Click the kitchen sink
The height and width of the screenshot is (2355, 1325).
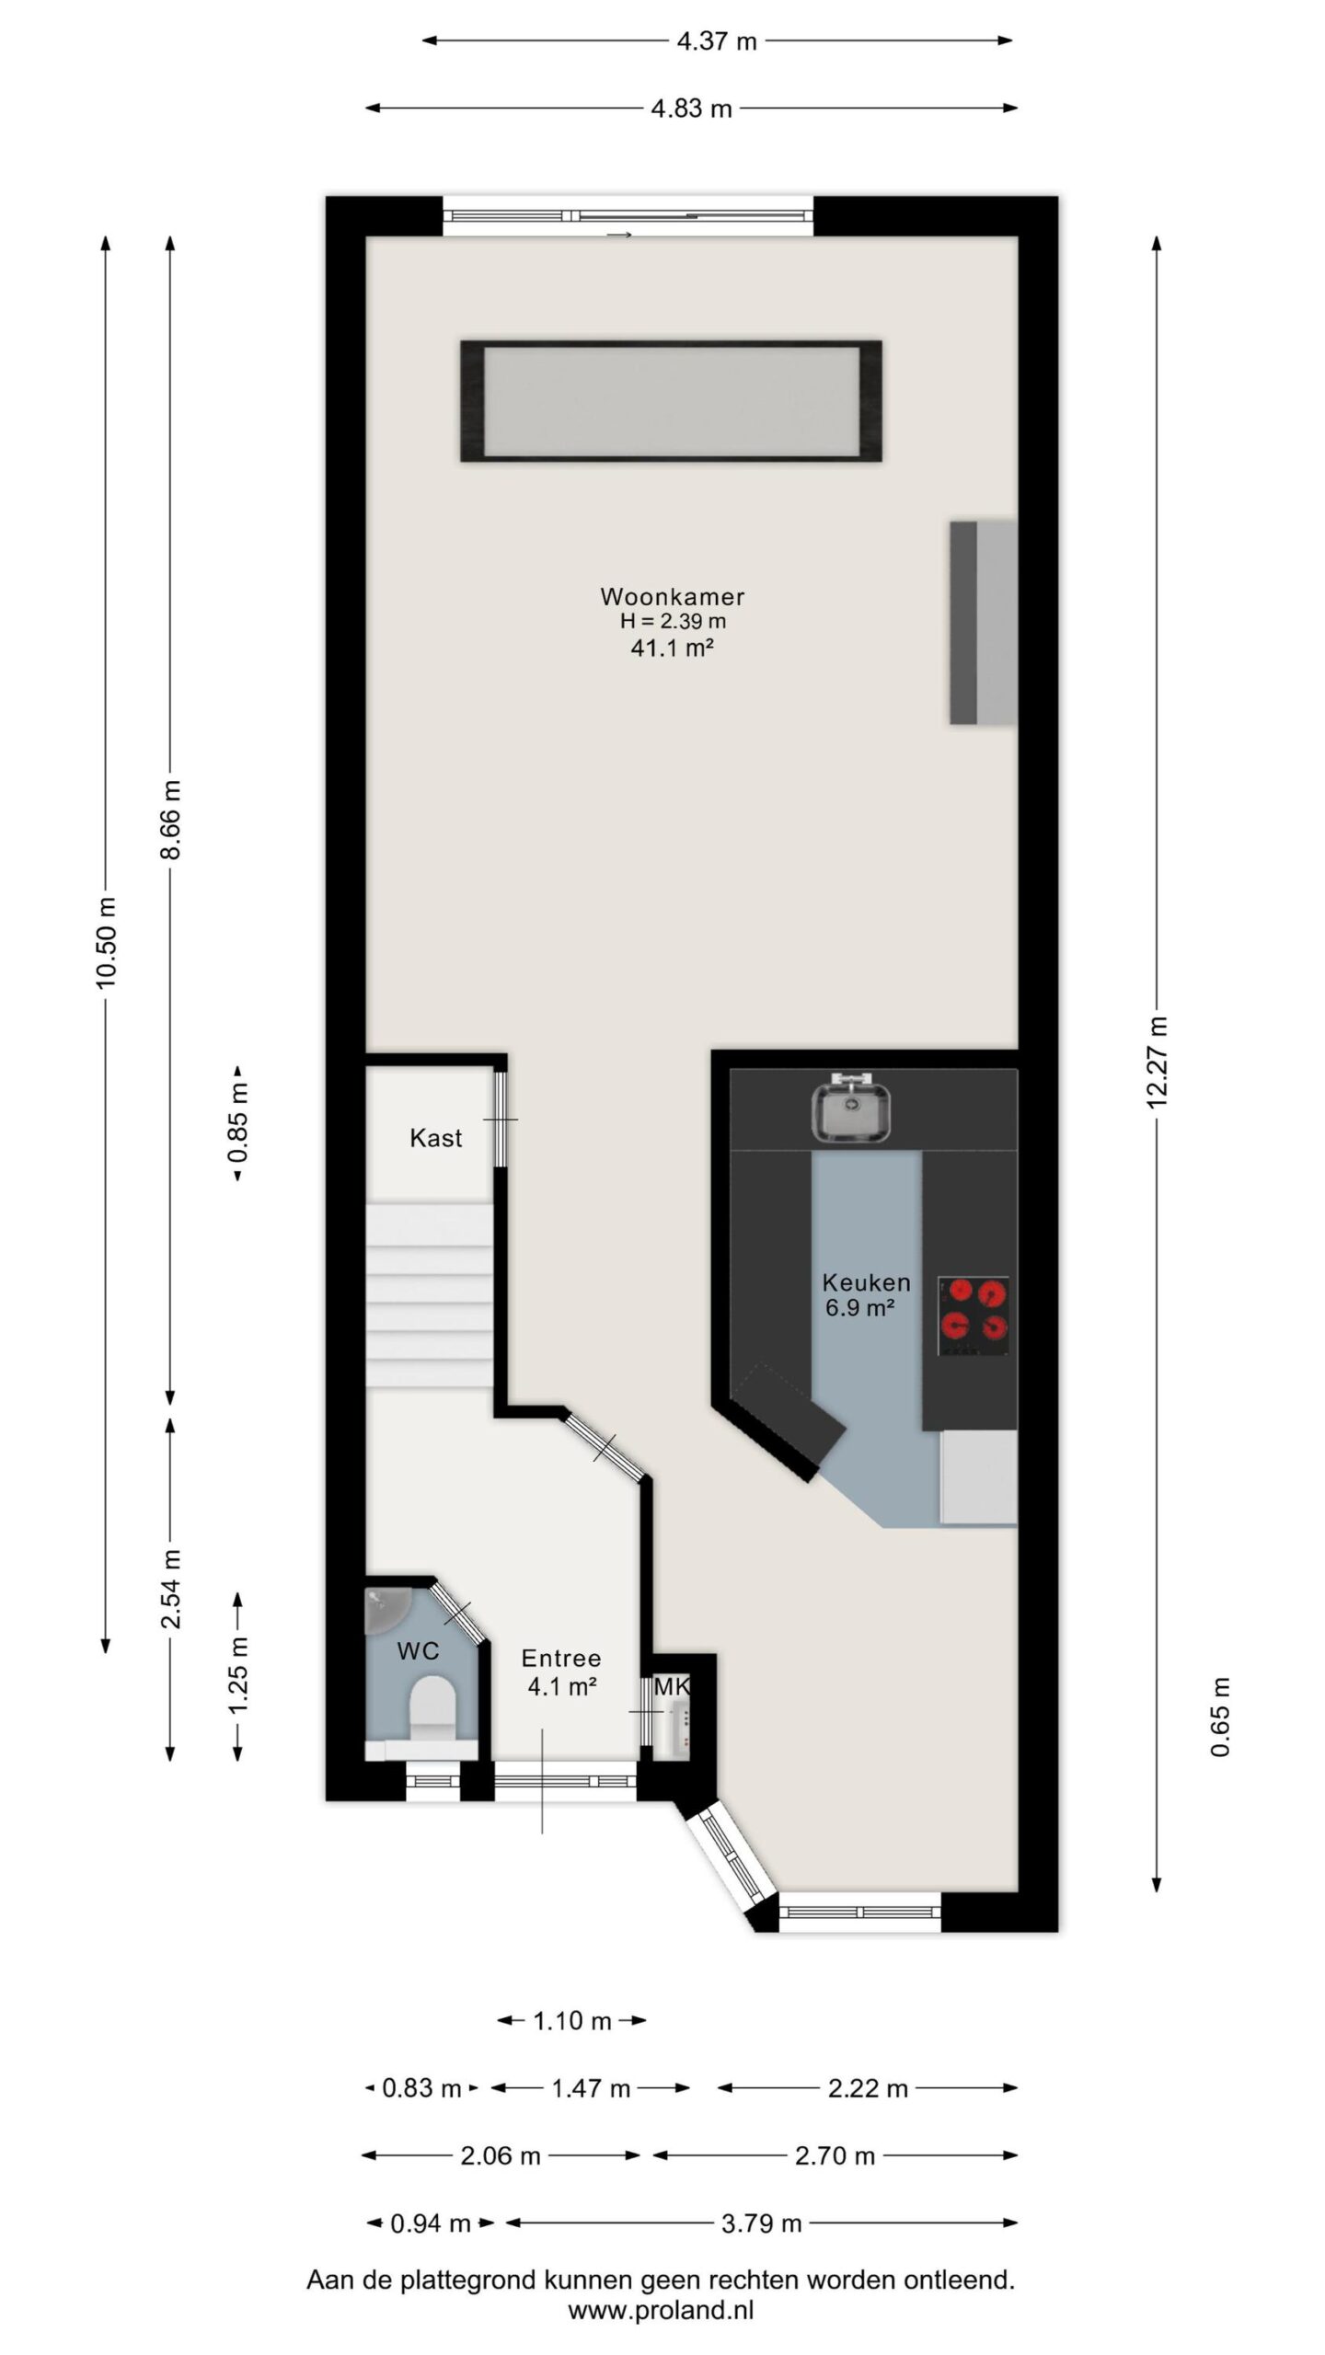(x=851, y=1109)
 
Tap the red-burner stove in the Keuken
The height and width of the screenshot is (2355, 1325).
(x=974, y=1315)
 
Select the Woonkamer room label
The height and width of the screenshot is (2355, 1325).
(x=673, y=596)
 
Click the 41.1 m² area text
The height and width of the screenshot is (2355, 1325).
(x=673, y=648)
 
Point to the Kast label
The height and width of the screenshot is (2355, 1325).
(x=436, y=1138)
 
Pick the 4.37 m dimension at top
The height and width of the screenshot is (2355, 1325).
(x=717, y=41)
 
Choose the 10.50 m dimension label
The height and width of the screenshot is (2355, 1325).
(x=107, y=942)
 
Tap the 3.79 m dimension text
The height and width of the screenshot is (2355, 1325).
(x=762, y=2223)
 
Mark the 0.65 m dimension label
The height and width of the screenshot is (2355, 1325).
(x=1220, y=1717)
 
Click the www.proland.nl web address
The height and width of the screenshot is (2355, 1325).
(x=661, y=2310)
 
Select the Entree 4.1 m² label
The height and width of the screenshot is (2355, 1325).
(x=561, y=1671)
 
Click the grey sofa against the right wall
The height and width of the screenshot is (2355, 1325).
(x=983, y=623)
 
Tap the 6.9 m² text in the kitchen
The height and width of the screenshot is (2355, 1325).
(x=860, y=1307)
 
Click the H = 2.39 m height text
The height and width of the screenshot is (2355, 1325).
(x=673, y=622)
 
